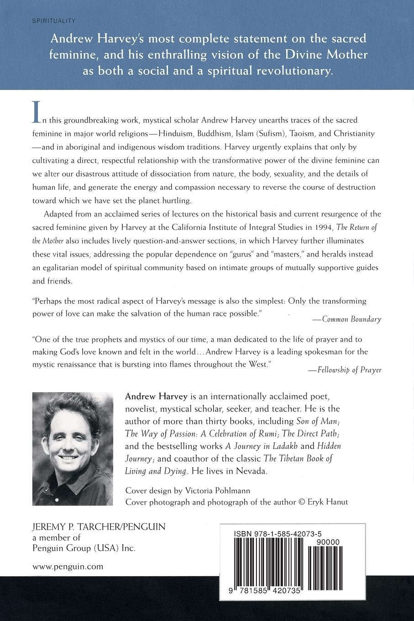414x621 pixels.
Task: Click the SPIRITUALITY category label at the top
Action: (53, 21)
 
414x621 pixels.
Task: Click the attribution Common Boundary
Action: (351, 319)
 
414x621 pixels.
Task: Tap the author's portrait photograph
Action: (73, 447)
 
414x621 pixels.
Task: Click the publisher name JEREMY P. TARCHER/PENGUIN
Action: (99, 526)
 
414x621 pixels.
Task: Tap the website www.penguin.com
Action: (68, 567)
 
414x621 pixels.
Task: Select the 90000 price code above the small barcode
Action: (327, 542)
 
